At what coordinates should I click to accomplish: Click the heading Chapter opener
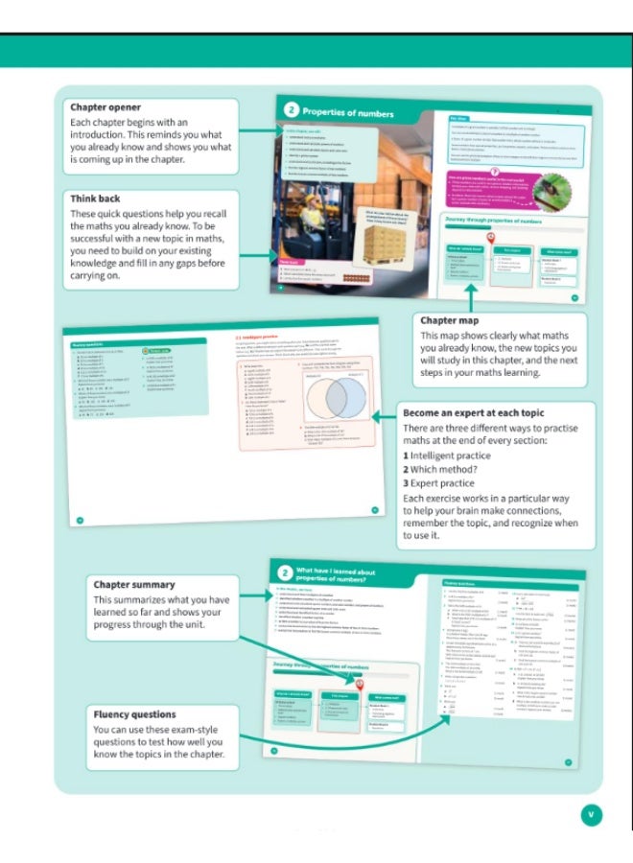(105, 107)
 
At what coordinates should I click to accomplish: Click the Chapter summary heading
(133, 585)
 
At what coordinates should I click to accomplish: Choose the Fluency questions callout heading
(134, 714)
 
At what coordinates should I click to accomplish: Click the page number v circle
(592, 814)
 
